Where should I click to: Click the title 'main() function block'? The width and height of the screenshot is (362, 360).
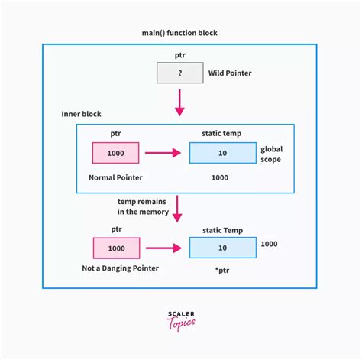click(180, 33)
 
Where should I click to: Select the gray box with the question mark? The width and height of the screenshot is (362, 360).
click(179, 73)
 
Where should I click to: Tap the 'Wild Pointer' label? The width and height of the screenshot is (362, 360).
click(230, 74)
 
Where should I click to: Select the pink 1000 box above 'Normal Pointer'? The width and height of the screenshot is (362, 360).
click(116, 153)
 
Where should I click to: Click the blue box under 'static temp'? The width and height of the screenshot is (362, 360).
click(222, 153)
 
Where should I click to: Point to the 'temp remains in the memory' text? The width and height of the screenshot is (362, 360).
click(137, 205)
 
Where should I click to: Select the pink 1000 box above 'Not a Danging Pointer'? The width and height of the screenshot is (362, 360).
click(116, 248)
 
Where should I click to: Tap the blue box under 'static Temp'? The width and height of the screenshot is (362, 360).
click(222, 248)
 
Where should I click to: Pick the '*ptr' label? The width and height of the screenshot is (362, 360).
click(222, 271)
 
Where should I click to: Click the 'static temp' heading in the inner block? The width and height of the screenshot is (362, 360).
click(222, 134)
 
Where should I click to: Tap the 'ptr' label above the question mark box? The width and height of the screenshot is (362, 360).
click(179, 56)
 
